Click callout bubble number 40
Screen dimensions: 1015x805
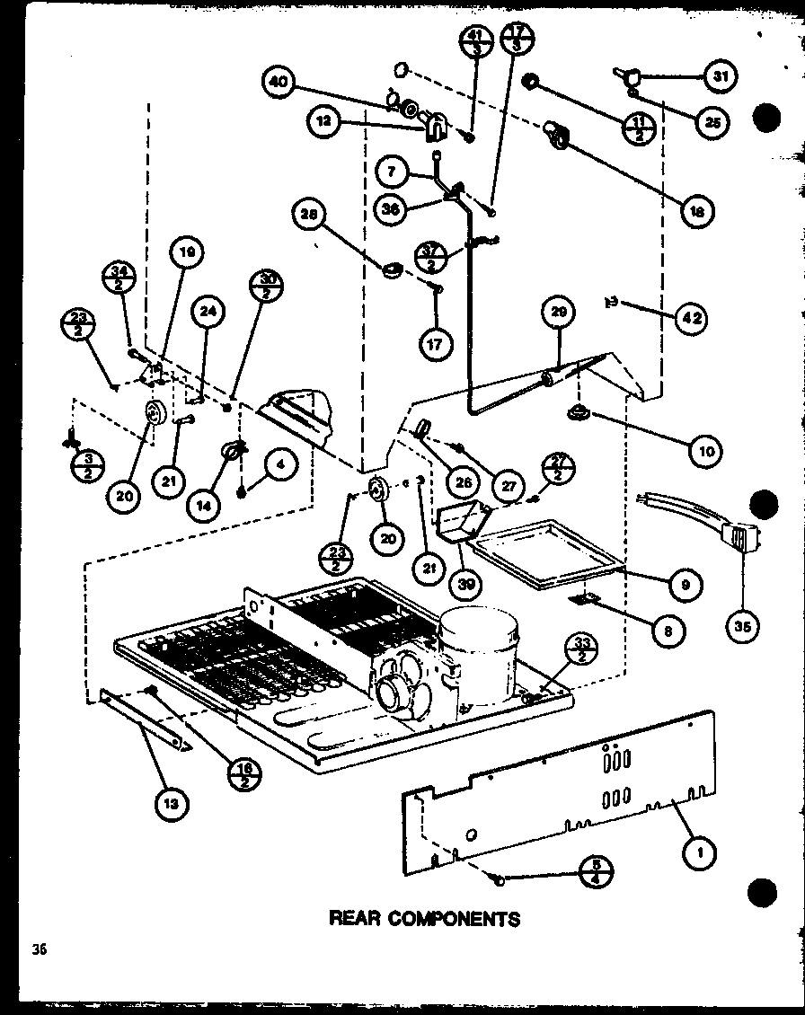coord(280,83)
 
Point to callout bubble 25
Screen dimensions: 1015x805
coord(712,121)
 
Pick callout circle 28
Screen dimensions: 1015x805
coord(308,214)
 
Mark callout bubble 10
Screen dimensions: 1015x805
coord(705,451)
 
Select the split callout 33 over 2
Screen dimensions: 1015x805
coord(583,649)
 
